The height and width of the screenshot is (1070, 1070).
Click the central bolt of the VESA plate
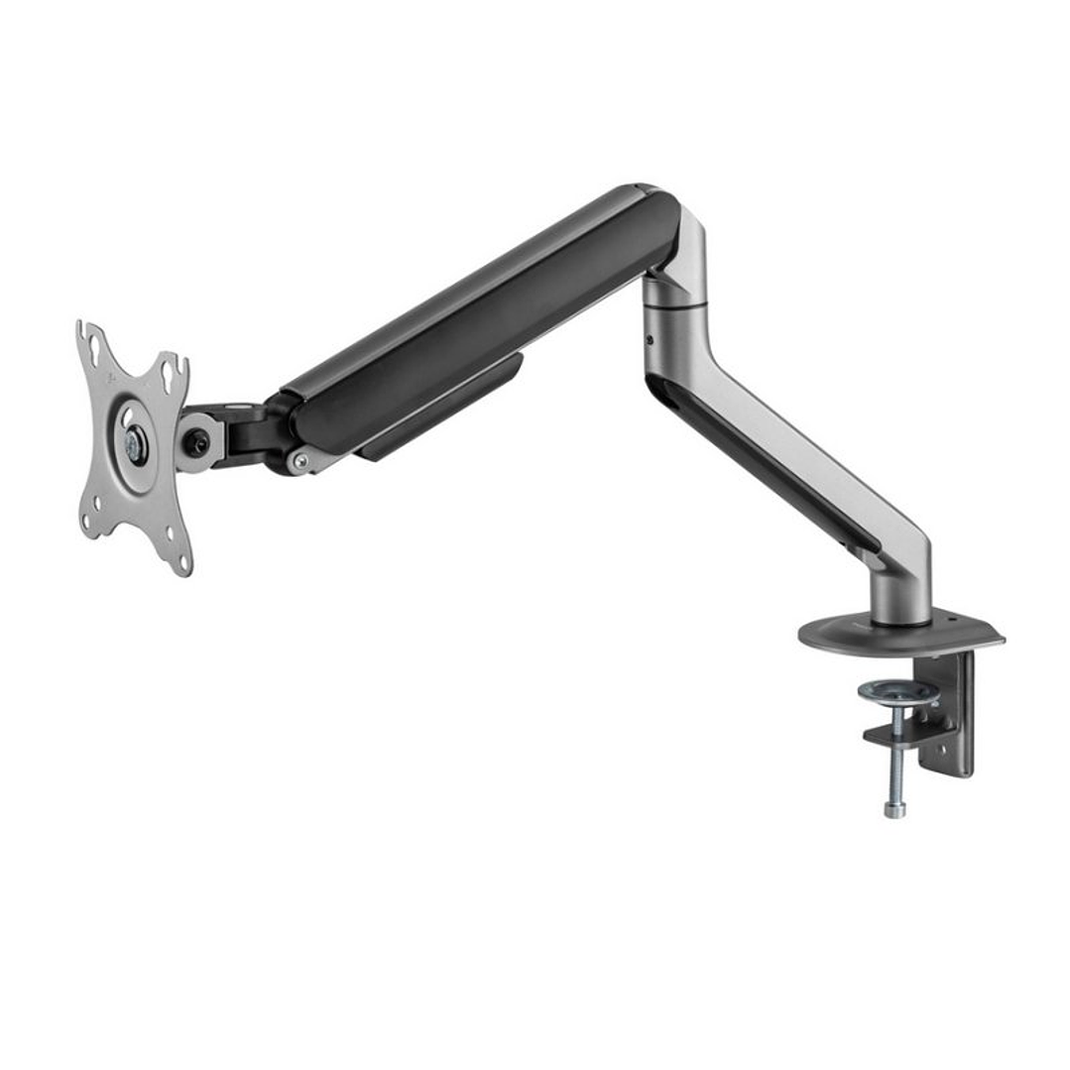[x=134, y=445]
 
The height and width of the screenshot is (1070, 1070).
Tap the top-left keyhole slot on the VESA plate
[x=94, y=348]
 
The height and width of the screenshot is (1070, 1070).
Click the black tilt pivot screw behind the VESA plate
[x=198, y=443]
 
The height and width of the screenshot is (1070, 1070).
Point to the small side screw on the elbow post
[x=651, y=340]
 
